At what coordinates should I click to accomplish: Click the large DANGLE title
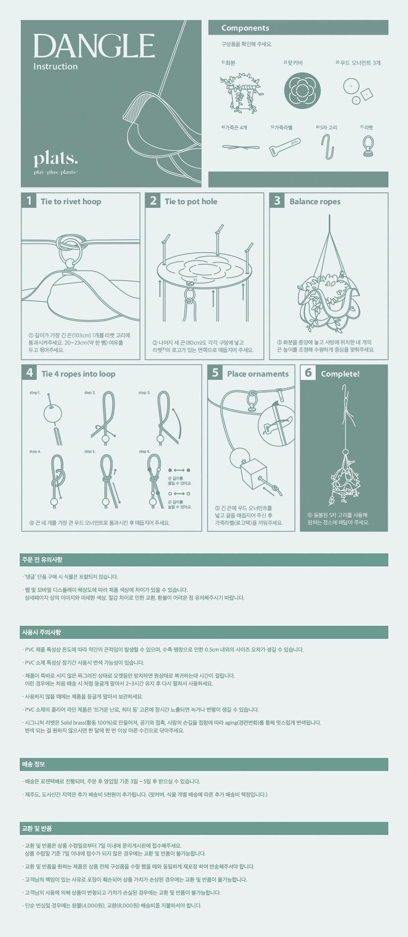click(x=94, y=46)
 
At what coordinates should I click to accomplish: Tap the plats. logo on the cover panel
click(x=55, y=159)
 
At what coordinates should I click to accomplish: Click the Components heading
click(x=245, y=28)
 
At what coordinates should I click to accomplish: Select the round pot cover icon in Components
click(x=302, y=90)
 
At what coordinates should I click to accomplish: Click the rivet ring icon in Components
click(x=368, y=146)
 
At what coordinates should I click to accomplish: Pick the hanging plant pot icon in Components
click(x=242, y=93)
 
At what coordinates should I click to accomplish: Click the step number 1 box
click(x=29, y=201)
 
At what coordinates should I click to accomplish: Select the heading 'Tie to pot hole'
click(x=191, y=201)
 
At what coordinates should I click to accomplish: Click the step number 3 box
click(x=277, y=201)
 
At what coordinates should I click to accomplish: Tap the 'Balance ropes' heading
click(x=315, y=201)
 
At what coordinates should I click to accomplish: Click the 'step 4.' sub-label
click(x=35, y=451)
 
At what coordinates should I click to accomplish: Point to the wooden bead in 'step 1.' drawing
click(x=53, y=414)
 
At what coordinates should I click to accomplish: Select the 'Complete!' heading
click(x=340, y=374)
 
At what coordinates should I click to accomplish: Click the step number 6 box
click(x=308, y=373)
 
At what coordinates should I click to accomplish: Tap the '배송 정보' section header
click(x=33, y=764)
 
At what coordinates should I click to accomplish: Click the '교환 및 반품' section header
click(x=37, y=829)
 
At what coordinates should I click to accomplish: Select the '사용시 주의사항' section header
click(x=41, y=632)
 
